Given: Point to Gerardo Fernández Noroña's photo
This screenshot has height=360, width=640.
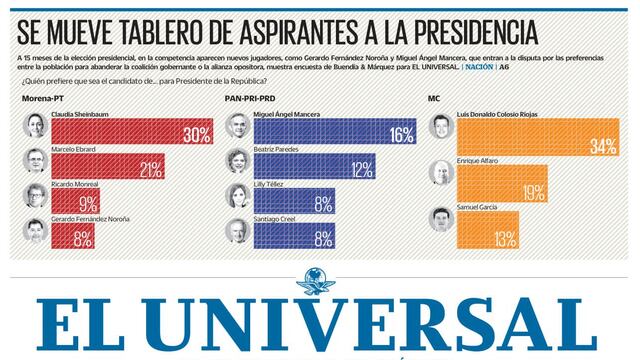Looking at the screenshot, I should (35, 232).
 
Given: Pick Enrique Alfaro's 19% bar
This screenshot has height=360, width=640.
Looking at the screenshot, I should (505, 181).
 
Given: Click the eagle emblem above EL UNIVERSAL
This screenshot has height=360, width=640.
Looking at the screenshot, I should (319, 279).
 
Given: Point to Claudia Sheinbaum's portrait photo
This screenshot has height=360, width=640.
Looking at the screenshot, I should (35, 127).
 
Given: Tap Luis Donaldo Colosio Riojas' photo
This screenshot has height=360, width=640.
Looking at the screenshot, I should (440, 127).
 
